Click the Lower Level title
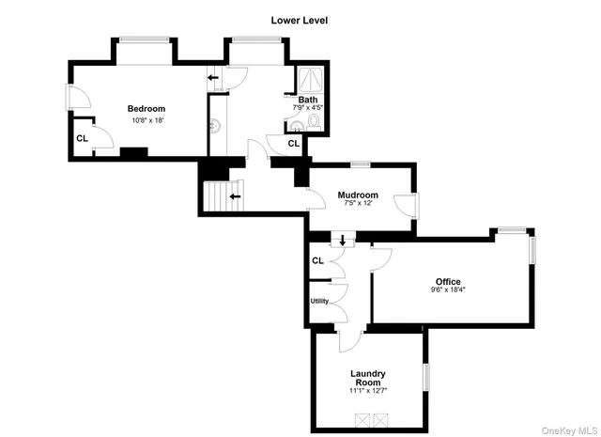coord(300,19)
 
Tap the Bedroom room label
coord(146,108)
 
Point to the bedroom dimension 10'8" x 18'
coord(146,119)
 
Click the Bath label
coord(308,100)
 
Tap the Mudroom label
coord(358,195)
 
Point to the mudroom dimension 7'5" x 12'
coord(358,204)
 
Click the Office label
coord(448,281)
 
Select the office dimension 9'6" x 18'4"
coord(448,290)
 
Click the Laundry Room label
coord(368,378)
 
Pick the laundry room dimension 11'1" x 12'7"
coord(368,391)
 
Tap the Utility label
coord(318,301)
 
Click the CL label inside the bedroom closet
coord(82,137)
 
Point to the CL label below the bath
coord(293,143)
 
